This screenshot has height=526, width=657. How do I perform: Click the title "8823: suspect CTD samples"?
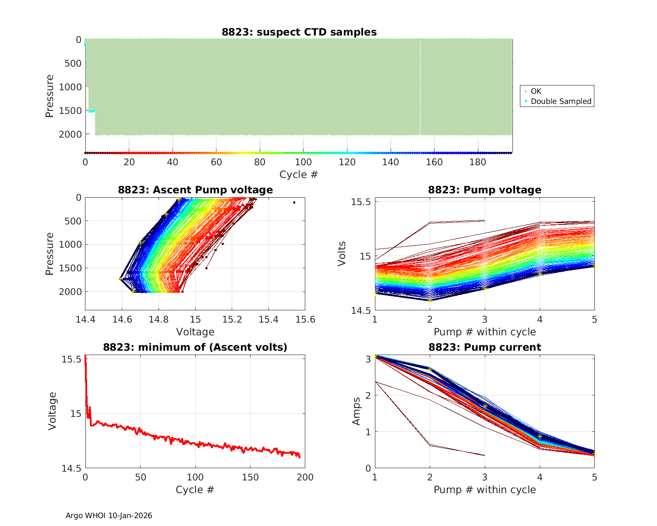[x=299, y=32]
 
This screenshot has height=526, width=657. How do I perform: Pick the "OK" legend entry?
[x=536, y=91]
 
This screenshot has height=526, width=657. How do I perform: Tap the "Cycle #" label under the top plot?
[x=299, y=174]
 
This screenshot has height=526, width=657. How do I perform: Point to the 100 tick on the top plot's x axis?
[x=303, y=162]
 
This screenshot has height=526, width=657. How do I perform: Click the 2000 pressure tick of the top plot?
[x=70, y=134]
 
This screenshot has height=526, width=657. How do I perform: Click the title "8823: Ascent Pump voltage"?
[x=195, y=190]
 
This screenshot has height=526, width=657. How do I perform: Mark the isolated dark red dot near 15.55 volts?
[x=294, y=203]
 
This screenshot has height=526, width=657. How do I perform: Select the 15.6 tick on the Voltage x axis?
[x=305, y=319]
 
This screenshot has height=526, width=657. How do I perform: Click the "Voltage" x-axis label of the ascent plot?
[x=195, y=332]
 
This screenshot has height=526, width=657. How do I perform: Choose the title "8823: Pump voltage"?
[x=484, y=190]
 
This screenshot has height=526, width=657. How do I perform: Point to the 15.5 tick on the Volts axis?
[x=362, y=202]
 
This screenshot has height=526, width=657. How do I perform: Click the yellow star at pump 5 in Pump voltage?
[x=594, y=266]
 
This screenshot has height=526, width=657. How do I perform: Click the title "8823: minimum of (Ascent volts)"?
[x=195, y=347]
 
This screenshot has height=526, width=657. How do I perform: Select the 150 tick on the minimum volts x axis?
[x=250, y=477]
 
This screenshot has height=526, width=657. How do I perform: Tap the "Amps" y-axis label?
[x=357, y=411]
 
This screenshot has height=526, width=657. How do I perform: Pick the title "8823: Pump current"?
[x=484, y=347]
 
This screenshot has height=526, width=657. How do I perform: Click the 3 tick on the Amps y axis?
[x=367, y=359]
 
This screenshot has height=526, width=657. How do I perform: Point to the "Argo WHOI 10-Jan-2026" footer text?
[x=109, y=515]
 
